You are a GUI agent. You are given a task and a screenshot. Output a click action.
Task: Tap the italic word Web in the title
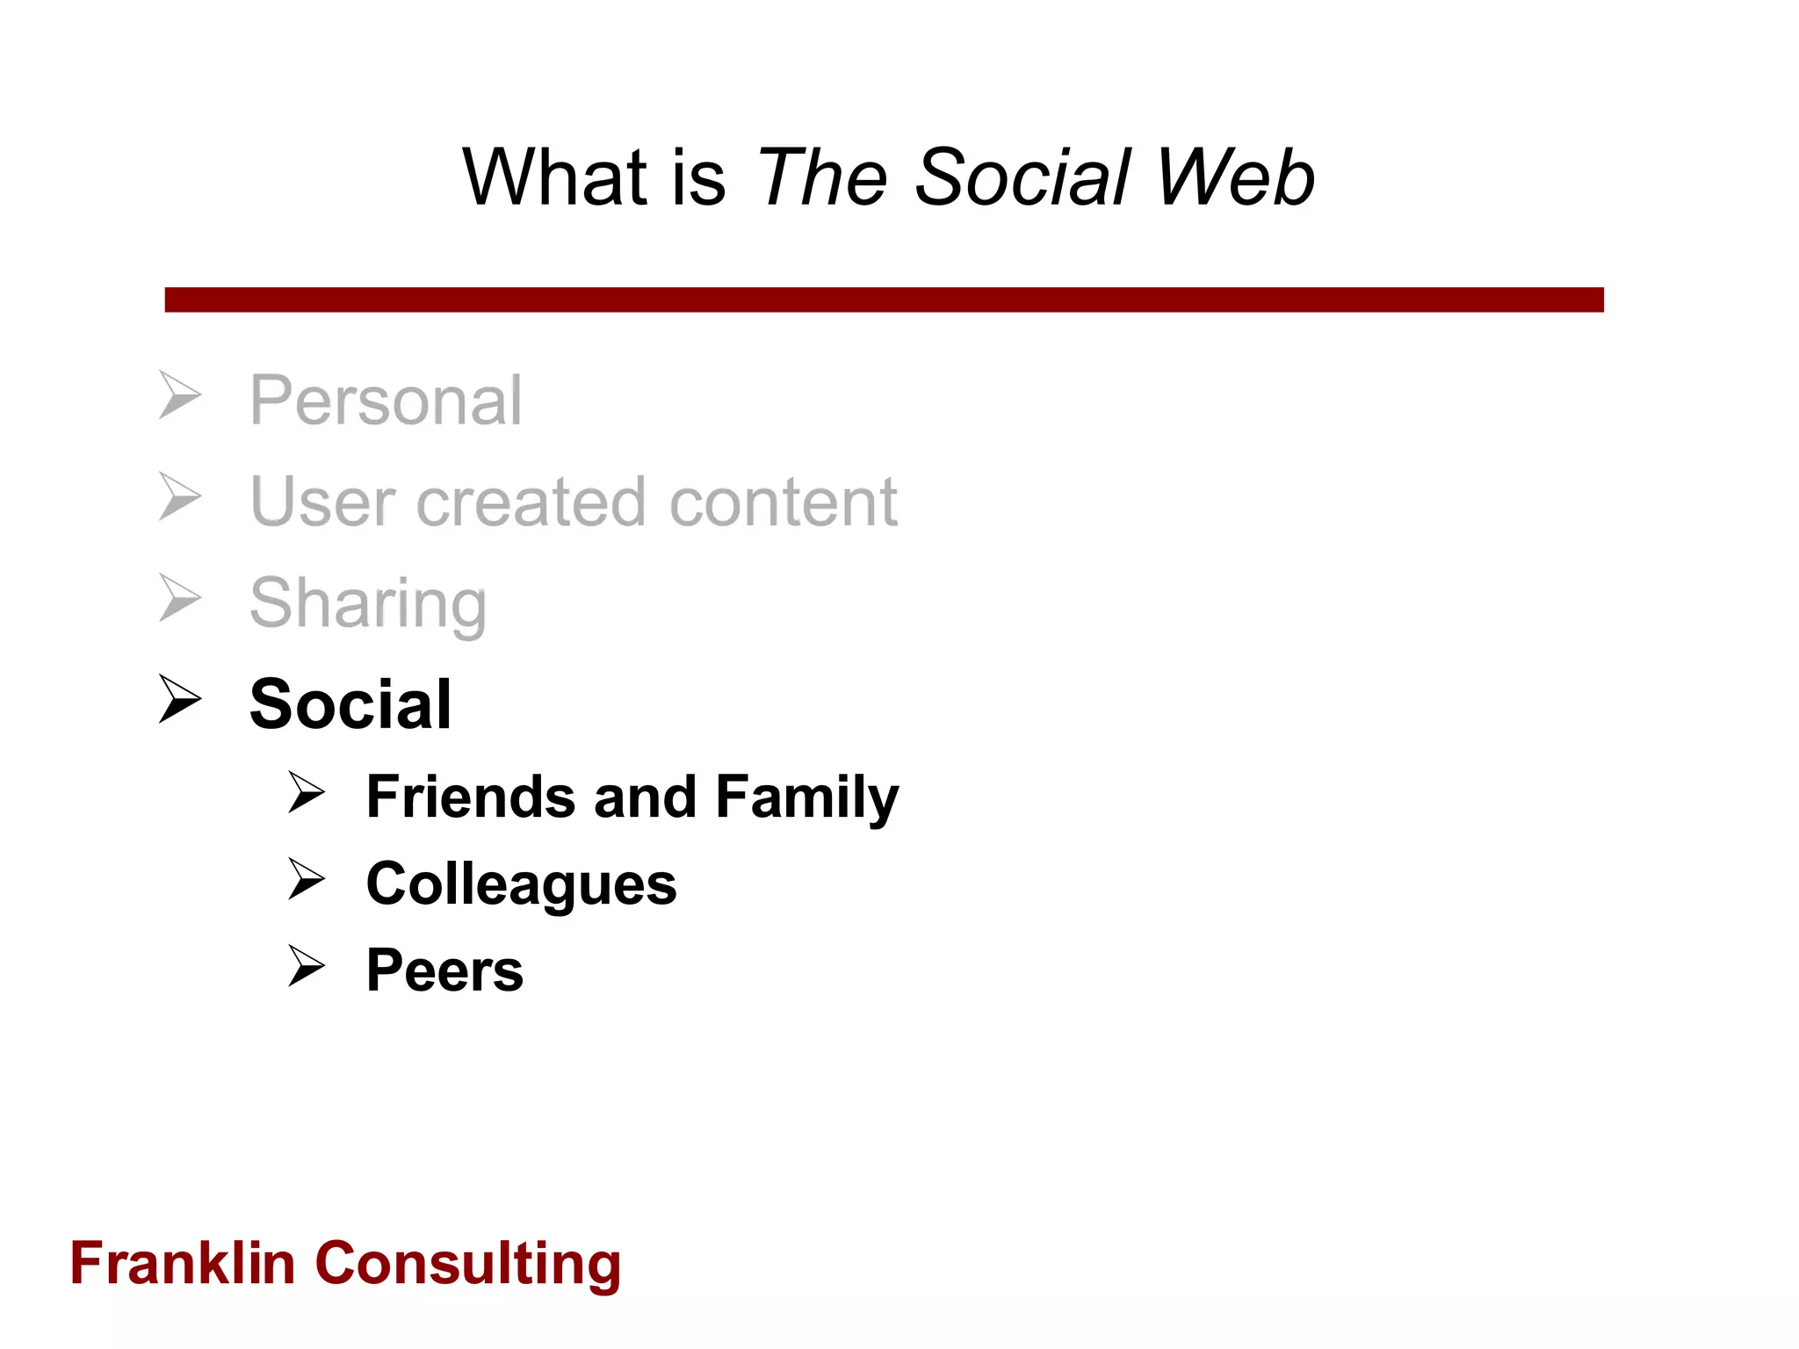tap(1235, 177)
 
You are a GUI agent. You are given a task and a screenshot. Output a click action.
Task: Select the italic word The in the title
tap(822, 177)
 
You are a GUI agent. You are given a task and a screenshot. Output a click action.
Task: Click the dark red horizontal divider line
tap(884, 299)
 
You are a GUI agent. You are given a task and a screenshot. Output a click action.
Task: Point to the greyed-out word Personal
tap(386, 400)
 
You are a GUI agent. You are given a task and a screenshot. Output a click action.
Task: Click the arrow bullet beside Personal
tap(180, 395)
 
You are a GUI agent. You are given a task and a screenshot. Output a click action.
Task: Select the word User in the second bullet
tap(322, 502)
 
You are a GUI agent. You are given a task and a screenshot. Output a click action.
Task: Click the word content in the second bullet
tap(784, 502)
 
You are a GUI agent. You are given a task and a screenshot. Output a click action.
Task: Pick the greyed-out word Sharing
tap(368, 604)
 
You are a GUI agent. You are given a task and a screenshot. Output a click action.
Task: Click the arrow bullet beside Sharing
tap(180, 598)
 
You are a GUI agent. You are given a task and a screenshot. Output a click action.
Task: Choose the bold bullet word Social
tap(350, 704)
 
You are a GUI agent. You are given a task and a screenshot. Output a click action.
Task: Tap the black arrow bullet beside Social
tap(180, 699)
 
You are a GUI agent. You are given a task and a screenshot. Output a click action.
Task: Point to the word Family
tap(807, 798)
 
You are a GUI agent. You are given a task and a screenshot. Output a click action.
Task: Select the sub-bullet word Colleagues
tap(522, 884)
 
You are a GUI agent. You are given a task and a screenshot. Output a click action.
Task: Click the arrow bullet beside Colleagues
tap(307, 879)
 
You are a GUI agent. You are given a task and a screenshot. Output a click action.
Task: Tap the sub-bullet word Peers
tap(444, 970)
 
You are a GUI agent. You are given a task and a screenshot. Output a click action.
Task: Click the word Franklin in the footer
tap(183, 1264)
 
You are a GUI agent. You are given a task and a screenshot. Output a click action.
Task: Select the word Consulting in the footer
tap(468, 1266)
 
